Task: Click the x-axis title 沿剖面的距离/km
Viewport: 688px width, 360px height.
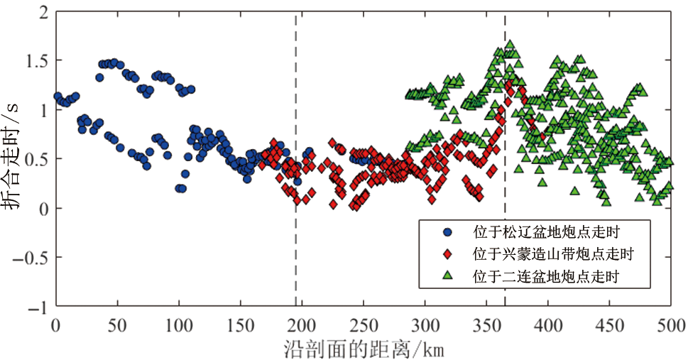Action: (364, 349)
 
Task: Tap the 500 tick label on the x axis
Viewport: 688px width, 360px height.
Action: (671, 324)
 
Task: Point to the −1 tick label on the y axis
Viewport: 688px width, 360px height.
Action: (39, 307)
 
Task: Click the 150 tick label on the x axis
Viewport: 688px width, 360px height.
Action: (240, 324)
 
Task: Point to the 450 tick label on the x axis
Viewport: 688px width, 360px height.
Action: (610, 324)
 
